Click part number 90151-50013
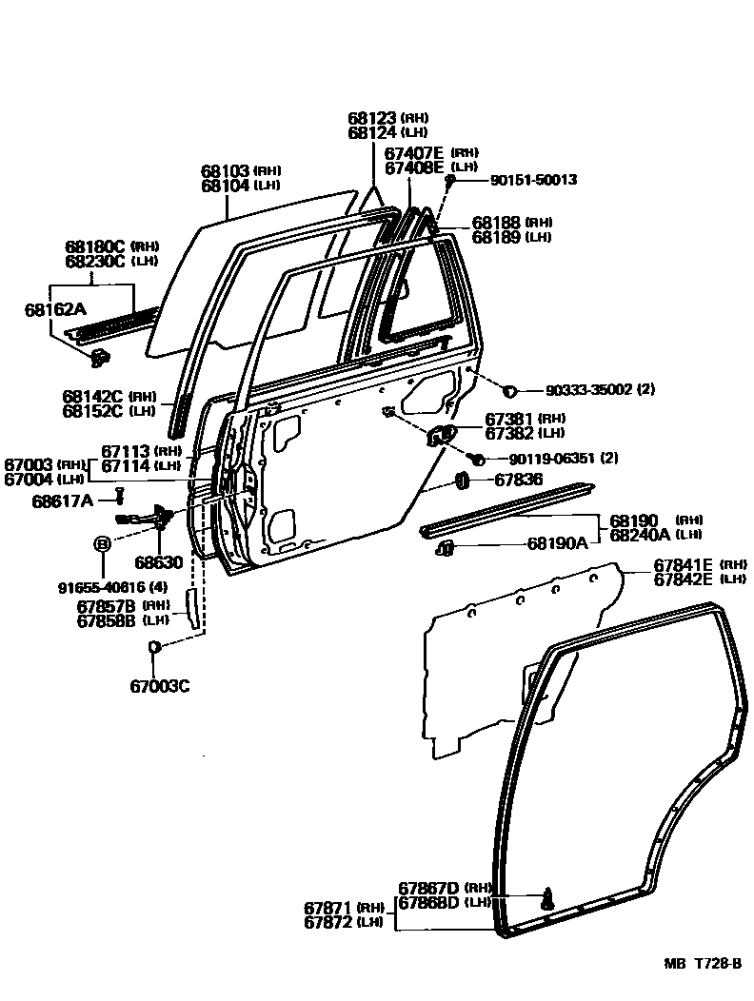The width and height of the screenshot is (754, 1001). tap(534, 179)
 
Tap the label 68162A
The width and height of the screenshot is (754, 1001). tap(55, 309)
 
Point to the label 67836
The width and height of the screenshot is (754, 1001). tap(517, 480)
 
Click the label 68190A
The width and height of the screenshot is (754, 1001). tap(558, 545)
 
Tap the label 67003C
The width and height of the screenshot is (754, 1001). tap(160, 685)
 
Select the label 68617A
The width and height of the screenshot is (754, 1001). tap(62, 501)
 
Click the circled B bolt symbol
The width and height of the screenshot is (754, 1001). tap(101, 543)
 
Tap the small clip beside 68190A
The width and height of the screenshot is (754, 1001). tap(445, 547)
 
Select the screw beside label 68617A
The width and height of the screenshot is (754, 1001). tap(121, 496)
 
